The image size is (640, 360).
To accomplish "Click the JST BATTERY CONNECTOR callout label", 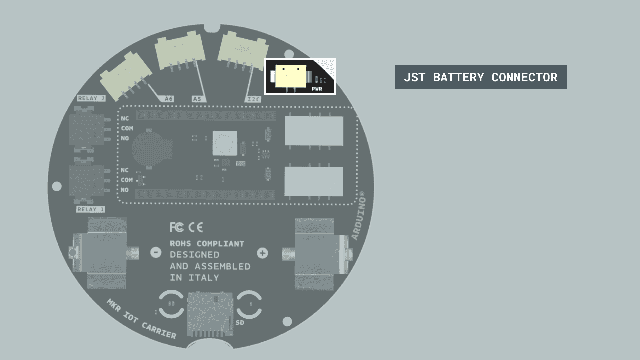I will (481, 77).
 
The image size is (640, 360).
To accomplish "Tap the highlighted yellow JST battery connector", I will (290, 76).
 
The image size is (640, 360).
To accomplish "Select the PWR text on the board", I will (317, 89).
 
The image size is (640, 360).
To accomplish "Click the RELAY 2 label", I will (91, 98).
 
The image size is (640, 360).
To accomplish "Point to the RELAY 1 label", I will (90, 209).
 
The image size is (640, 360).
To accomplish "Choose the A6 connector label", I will (169, 99).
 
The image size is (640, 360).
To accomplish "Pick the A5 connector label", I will (197, 99).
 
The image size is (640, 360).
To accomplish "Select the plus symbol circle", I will (262, 253).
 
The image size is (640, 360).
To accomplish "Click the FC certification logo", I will (176, 227).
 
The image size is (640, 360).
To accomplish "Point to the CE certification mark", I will (195, 227).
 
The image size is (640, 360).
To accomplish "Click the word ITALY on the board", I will (204, 278).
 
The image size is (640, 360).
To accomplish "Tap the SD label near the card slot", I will (240, 322).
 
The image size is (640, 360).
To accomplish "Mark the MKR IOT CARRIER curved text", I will (141, 319).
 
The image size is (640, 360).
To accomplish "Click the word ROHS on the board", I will (181, 244).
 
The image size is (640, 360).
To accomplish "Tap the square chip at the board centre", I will (225, 143).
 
